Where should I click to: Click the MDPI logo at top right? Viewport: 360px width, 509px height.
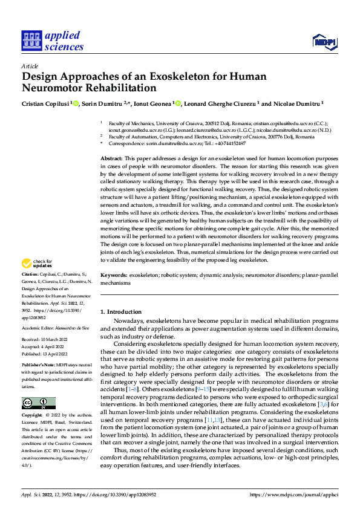point(324,41)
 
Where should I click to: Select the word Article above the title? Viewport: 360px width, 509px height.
point(29,66)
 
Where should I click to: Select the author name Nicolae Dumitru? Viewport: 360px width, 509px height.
point(296,103)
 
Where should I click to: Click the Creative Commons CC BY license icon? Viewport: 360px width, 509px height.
point(38,404)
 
